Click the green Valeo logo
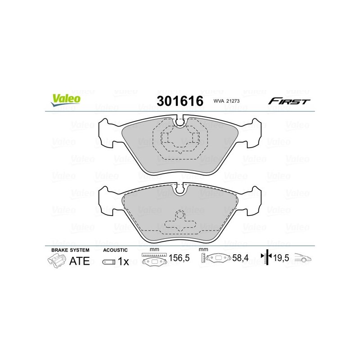tap(66, 100)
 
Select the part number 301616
tap(180, 101)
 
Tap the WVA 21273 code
tap(226, 101)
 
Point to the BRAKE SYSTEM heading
tap(70, 250)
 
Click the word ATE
tap(80, 261)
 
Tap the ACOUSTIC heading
tap(115, 250)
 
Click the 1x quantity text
tap(123, 261)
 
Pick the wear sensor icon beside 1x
tap(108, 262)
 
